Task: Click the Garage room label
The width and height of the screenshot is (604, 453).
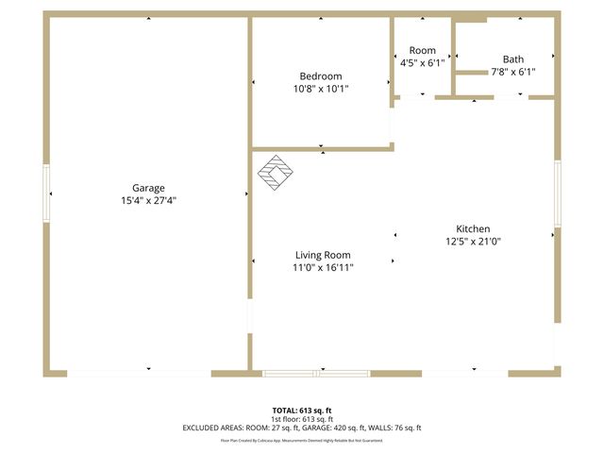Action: (148, 188)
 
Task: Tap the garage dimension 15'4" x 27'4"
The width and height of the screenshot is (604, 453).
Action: (148, 200)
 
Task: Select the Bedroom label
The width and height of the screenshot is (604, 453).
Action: (321, 76)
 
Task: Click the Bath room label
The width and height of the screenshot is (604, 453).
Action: (513, 59)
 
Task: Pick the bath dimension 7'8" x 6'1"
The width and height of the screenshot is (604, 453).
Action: (513, 72)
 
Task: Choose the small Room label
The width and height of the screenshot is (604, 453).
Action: (422, 51)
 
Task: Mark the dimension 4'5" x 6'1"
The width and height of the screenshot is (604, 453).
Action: (422, 63)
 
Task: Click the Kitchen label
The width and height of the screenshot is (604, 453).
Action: (473, 229)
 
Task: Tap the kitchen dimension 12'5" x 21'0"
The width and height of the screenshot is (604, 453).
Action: (473, 242)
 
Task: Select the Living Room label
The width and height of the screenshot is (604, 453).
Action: (323, 255)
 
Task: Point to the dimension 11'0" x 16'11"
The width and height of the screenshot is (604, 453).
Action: (323, 267)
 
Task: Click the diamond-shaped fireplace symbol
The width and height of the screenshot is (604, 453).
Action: (276, 173)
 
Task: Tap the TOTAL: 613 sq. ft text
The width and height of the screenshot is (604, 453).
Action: (302, 411)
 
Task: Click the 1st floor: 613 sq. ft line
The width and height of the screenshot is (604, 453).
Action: (302, 419)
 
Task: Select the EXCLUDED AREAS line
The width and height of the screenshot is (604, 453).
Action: (302, 428)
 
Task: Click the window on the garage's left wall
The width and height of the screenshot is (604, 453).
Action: (45, 193)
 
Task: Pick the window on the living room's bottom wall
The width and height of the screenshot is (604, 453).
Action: (315, 373)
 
